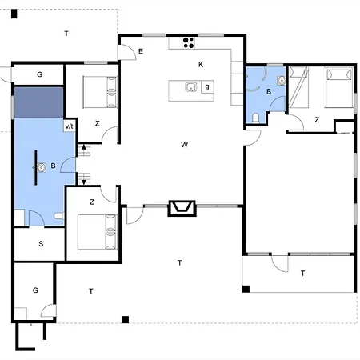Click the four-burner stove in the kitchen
[x=189, y=43]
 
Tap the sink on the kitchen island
[x=191, y=86]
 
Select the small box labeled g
[x=207, y=86]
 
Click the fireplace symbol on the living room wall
[x=182, y=208]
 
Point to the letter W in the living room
[x=184, y=145]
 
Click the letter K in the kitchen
[x=201, y=64]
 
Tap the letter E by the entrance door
[x=141, y=51]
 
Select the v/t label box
[x=70, y=126]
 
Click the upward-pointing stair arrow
[x=84, y=147]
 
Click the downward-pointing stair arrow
[x=84, y=182]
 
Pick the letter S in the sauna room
[x=41, y=243]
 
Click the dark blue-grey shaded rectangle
[x=39, y=102]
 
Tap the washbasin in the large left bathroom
[x=41, y=168]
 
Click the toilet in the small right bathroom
[x=255, y=118]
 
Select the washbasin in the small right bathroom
[x=281, y=80]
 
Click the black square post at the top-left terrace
[x=14, y=14]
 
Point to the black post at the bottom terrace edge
[x=125, y=319]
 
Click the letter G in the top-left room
[x=39, y=74]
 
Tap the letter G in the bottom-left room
[x=35, y=290]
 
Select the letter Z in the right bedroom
[x=317, y=120]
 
